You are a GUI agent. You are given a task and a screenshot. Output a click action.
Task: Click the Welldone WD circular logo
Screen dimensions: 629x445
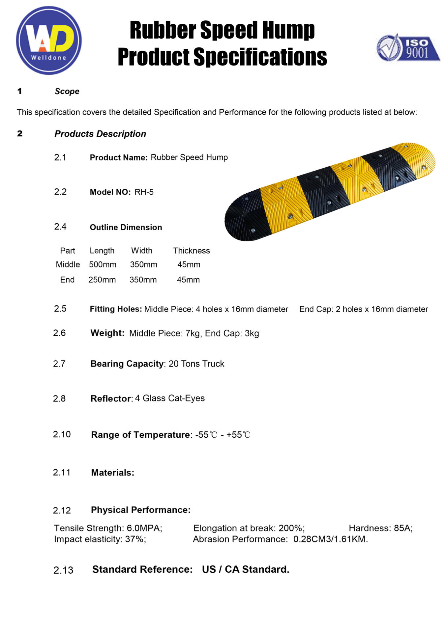tap(49, 40)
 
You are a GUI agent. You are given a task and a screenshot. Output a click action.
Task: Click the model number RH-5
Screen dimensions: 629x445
tap(144, 192)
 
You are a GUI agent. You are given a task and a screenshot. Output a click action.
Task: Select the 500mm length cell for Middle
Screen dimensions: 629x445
tap(103, 264)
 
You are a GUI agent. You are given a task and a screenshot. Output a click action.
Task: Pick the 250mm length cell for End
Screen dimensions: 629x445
tap(102, 280)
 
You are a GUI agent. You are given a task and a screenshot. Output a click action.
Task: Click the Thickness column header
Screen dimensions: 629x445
tap(192, 251)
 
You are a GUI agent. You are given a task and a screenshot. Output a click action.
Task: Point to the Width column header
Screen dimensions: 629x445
tap(142, 251)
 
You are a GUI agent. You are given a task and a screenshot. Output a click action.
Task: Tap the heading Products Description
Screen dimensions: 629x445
tap(100, 134)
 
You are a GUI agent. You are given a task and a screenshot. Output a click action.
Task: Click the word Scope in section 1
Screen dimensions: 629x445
tap(67, 91)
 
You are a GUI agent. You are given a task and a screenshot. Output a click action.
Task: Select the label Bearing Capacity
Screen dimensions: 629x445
tap(127, 364)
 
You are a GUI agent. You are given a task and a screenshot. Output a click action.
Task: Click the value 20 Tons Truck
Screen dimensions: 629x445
tap(196, 364)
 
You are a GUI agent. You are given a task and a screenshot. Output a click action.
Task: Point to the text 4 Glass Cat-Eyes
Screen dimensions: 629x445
tap(170, 398)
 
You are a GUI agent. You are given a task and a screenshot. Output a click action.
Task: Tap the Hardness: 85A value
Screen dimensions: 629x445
tap(380, 528)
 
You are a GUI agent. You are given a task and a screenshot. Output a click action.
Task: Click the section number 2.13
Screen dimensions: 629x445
tap(63, 570)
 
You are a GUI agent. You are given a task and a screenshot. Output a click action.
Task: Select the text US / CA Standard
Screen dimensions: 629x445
tap(246, 569)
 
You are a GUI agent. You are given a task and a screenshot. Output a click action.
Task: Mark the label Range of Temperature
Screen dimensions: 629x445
tap(140, 435)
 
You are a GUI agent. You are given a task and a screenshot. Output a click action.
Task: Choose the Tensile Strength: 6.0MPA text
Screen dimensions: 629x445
tap(108, 528)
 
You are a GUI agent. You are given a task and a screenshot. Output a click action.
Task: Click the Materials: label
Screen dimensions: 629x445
tap(112, 473)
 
